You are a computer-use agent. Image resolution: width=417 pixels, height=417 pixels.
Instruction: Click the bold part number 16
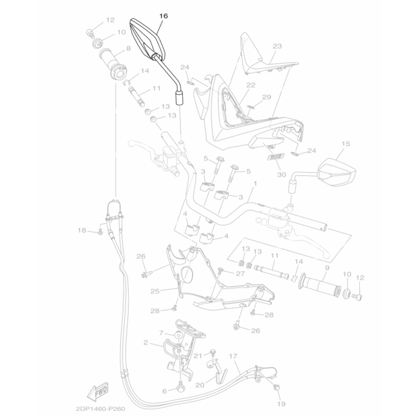(x=164, y=16)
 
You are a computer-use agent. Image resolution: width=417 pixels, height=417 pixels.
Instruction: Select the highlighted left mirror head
(x=147, y=39)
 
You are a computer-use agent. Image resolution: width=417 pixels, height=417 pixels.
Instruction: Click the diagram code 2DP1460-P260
(x=100, y=408)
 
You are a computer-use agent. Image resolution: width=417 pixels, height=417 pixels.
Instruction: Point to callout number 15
(x=346, y=144)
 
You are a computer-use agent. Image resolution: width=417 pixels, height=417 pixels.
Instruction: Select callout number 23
(x=277, y=46)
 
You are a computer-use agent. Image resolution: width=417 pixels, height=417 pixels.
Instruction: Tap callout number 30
(x=281, y=175)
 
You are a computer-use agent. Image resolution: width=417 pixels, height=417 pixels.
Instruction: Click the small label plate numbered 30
(x=276, y=157)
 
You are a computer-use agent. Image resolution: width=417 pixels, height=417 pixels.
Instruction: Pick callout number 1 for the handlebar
(x=255, y=183)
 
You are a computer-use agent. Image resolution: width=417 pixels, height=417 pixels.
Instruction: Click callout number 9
(x=327, y=268)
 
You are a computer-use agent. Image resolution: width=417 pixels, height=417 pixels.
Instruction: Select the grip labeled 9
(x=320, y=285)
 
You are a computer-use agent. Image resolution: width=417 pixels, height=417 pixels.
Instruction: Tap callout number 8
(x=129, y=49)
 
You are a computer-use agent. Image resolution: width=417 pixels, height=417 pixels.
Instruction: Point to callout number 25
(x=155, y=291)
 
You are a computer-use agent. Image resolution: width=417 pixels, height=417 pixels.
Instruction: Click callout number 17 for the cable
(x=232, y=356)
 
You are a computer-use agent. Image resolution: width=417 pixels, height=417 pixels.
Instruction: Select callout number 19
(x=281, y=404)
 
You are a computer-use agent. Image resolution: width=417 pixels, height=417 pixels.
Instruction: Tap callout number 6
(x=164, y=391)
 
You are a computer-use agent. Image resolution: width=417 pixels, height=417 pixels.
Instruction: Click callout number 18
(x=82, y=230)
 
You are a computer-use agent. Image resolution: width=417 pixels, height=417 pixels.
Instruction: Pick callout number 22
(x=251, y=85)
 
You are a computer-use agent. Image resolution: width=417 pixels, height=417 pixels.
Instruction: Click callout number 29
(x=266, y=97)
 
